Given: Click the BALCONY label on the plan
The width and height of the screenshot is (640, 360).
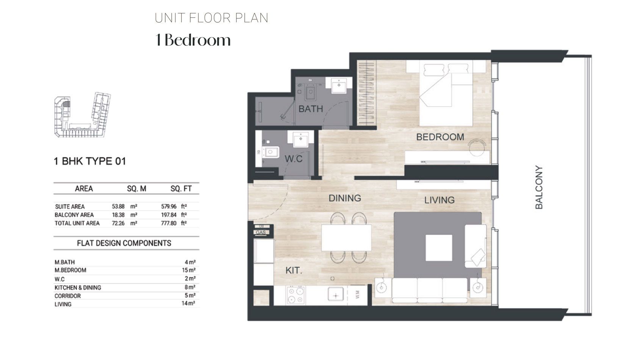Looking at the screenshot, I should click(539, 187).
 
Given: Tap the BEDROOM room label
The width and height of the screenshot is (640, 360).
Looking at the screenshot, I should click(440, 137).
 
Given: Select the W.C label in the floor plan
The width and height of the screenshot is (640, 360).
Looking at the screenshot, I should click(294, 159).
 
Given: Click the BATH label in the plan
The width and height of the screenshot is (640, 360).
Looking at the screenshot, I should click(311, 109).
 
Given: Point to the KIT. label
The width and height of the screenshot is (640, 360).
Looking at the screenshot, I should click(294, 271).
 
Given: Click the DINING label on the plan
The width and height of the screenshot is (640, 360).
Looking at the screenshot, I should click(344, 198).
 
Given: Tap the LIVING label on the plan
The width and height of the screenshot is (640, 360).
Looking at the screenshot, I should click(439, 200).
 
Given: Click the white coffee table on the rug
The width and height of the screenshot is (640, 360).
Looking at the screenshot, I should click(439, 248).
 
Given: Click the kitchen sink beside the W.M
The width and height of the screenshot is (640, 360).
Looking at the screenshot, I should click(336, 295).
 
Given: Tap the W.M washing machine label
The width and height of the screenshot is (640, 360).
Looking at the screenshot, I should click(358, 295).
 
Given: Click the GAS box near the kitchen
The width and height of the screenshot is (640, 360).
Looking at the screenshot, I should click(261, 232).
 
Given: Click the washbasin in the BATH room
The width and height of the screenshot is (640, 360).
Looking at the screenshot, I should click(338, 85).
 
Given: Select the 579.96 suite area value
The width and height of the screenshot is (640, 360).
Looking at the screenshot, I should click(169, 207).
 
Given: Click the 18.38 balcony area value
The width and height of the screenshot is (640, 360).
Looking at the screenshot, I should click(118, 215).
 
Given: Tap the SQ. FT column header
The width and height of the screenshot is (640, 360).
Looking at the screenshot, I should click(181, 189).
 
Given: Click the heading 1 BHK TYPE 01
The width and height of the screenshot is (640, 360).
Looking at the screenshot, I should click(90, 161).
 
